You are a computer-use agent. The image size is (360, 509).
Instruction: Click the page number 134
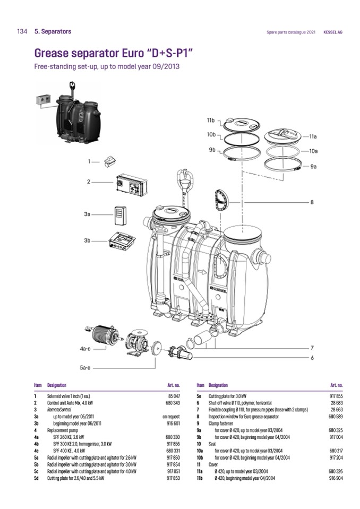click(x=22, y=32)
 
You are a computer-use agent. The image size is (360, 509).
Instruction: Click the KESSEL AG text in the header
click(x=333, y=32)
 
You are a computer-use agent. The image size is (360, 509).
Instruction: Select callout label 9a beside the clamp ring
click(x=313, y=167)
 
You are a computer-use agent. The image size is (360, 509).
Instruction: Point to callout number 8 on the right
click(x=312, y=202)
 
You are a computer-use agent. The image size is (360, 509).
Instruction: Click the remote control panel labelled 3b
click(x=124, y=242)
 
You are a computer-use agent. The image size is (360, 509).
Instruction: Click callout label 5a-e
click(x=85, y=367)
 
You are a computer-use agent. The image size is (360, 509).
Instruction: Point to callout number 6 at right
click(x=312, y=358)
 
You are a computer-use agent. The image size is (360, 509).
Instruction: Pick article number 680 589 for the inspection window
click(x=336, y=417)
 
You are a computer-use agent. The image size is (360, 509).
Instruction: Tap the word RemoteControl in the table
click(x=60, y=410)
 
